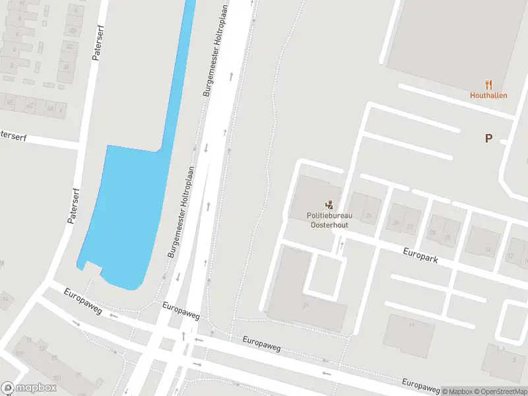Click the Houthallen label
coord(488,95)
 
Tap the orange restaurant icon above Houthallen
coord(488,84)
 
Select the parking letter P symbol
coord(488,139)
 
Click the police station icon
coord(329,205)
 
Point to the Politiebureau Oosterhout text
coord(329,220)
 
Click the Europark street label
coord(420,254)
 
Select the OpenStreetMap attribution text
coord(502,391)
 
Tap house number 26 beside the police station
coord(369,216)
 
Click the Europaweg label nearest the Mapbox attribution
coord(421,384)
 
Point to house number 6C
coord(30,105)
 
